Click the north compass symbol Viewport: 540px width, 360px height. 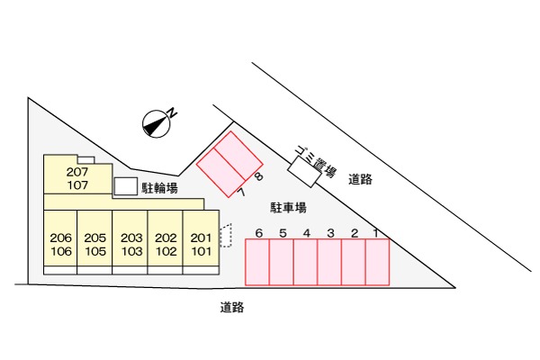pyautogui.click(x=157, y=124)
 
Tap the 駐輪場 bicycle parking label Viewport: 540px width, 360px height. pyautogui.click(x=160, y=188)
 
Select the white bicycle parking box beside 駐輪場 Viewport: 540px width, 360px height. pyautogui.click(x=126, y=186)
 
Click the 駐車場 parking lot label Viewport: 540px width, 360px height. pyautogui.click(x=288, y=208)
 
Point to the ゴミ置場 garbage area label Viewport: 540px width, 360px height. pyautogui.click(x=316, y=161)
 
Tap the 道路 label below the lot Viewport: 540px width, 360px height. pyautogui.click(x=232, y=307)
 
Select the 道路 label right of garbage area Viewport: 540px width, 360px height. pyautogui.click(x=360, y=179)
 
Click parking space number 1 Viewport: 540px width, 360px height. pyautogui.click(x=377, y=262)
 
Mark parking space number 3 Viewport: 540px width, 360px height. pyautogui.click(x=329, y=262)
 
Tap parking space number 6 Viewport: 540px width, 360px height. pyautogui.click(x=257, y=262)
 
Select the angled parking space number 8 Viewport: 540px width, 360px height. pyautogui.click(x=238, y=156)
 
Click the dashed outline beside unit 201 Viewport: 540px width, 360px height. pyautogui.click(x=226, y=235)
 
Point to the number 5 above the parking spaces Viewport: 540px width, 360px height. pyautogui.click(x=283, y=233)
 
